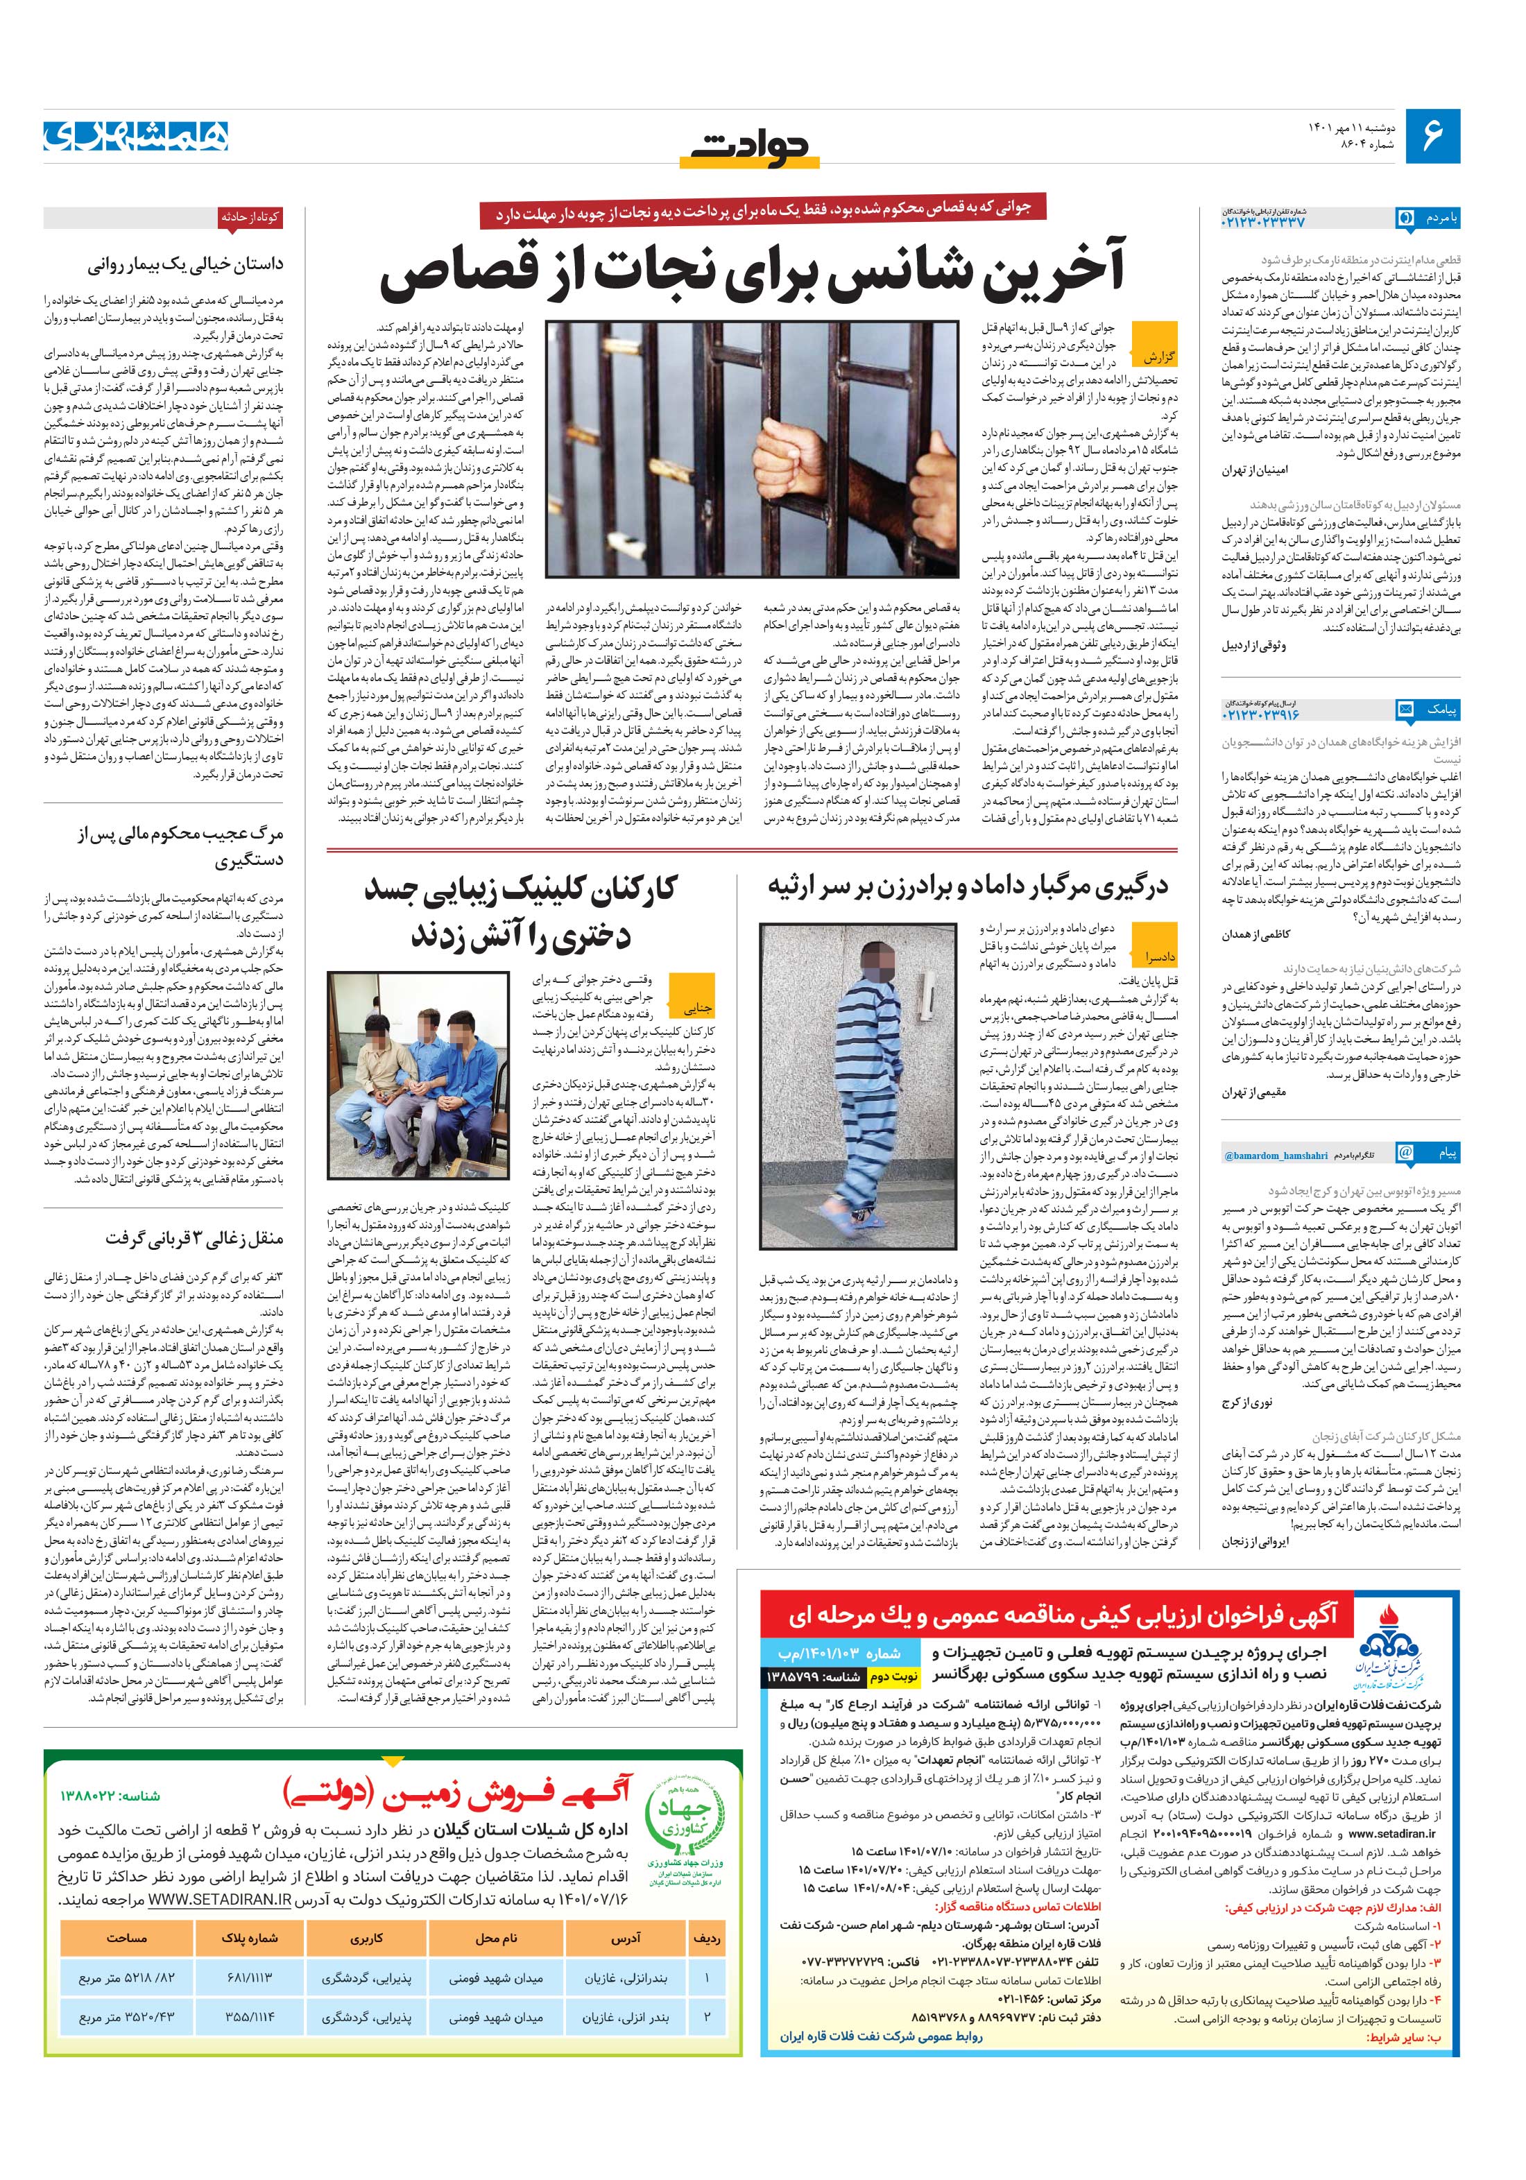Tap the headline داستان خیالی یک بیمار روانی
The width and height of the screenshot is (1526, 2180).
point(185,266)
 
